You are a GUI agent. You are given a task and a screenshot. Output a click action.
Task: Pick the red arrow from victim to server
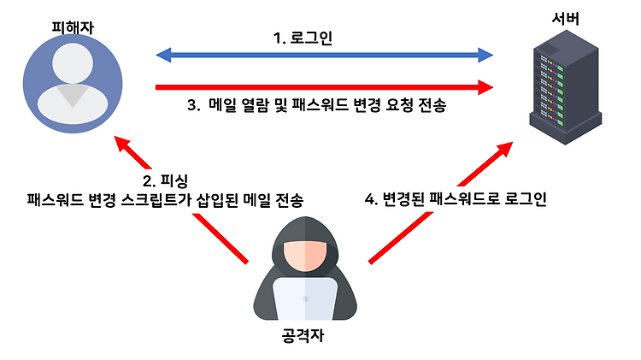point(325,86)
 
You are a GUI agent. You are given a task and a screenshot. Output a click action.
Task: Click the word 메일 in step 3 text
point(224,107)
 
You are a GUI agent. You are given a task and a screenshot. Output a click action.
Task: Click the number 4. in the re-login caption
point(370,199)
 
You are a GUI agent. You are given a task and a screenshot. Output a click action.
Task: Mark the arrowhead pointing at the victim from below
point(126,145)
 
